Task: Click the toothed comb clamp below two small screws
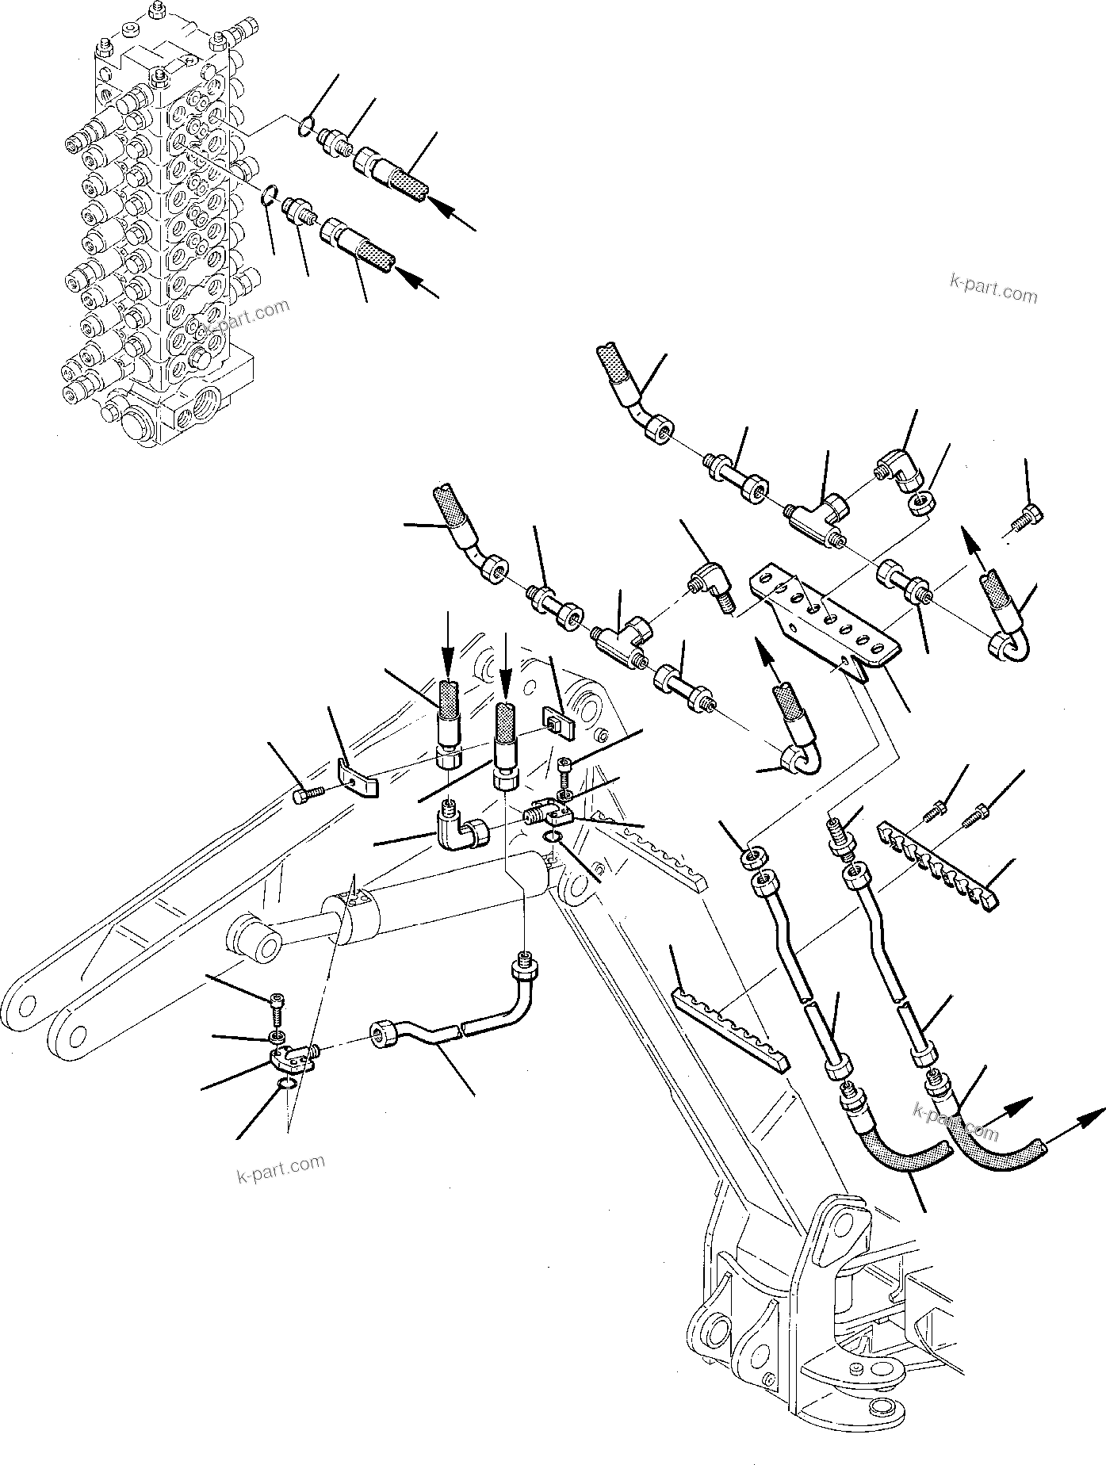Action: coord(936,866)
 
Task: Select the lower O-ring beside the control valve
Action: coord(270,194)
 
